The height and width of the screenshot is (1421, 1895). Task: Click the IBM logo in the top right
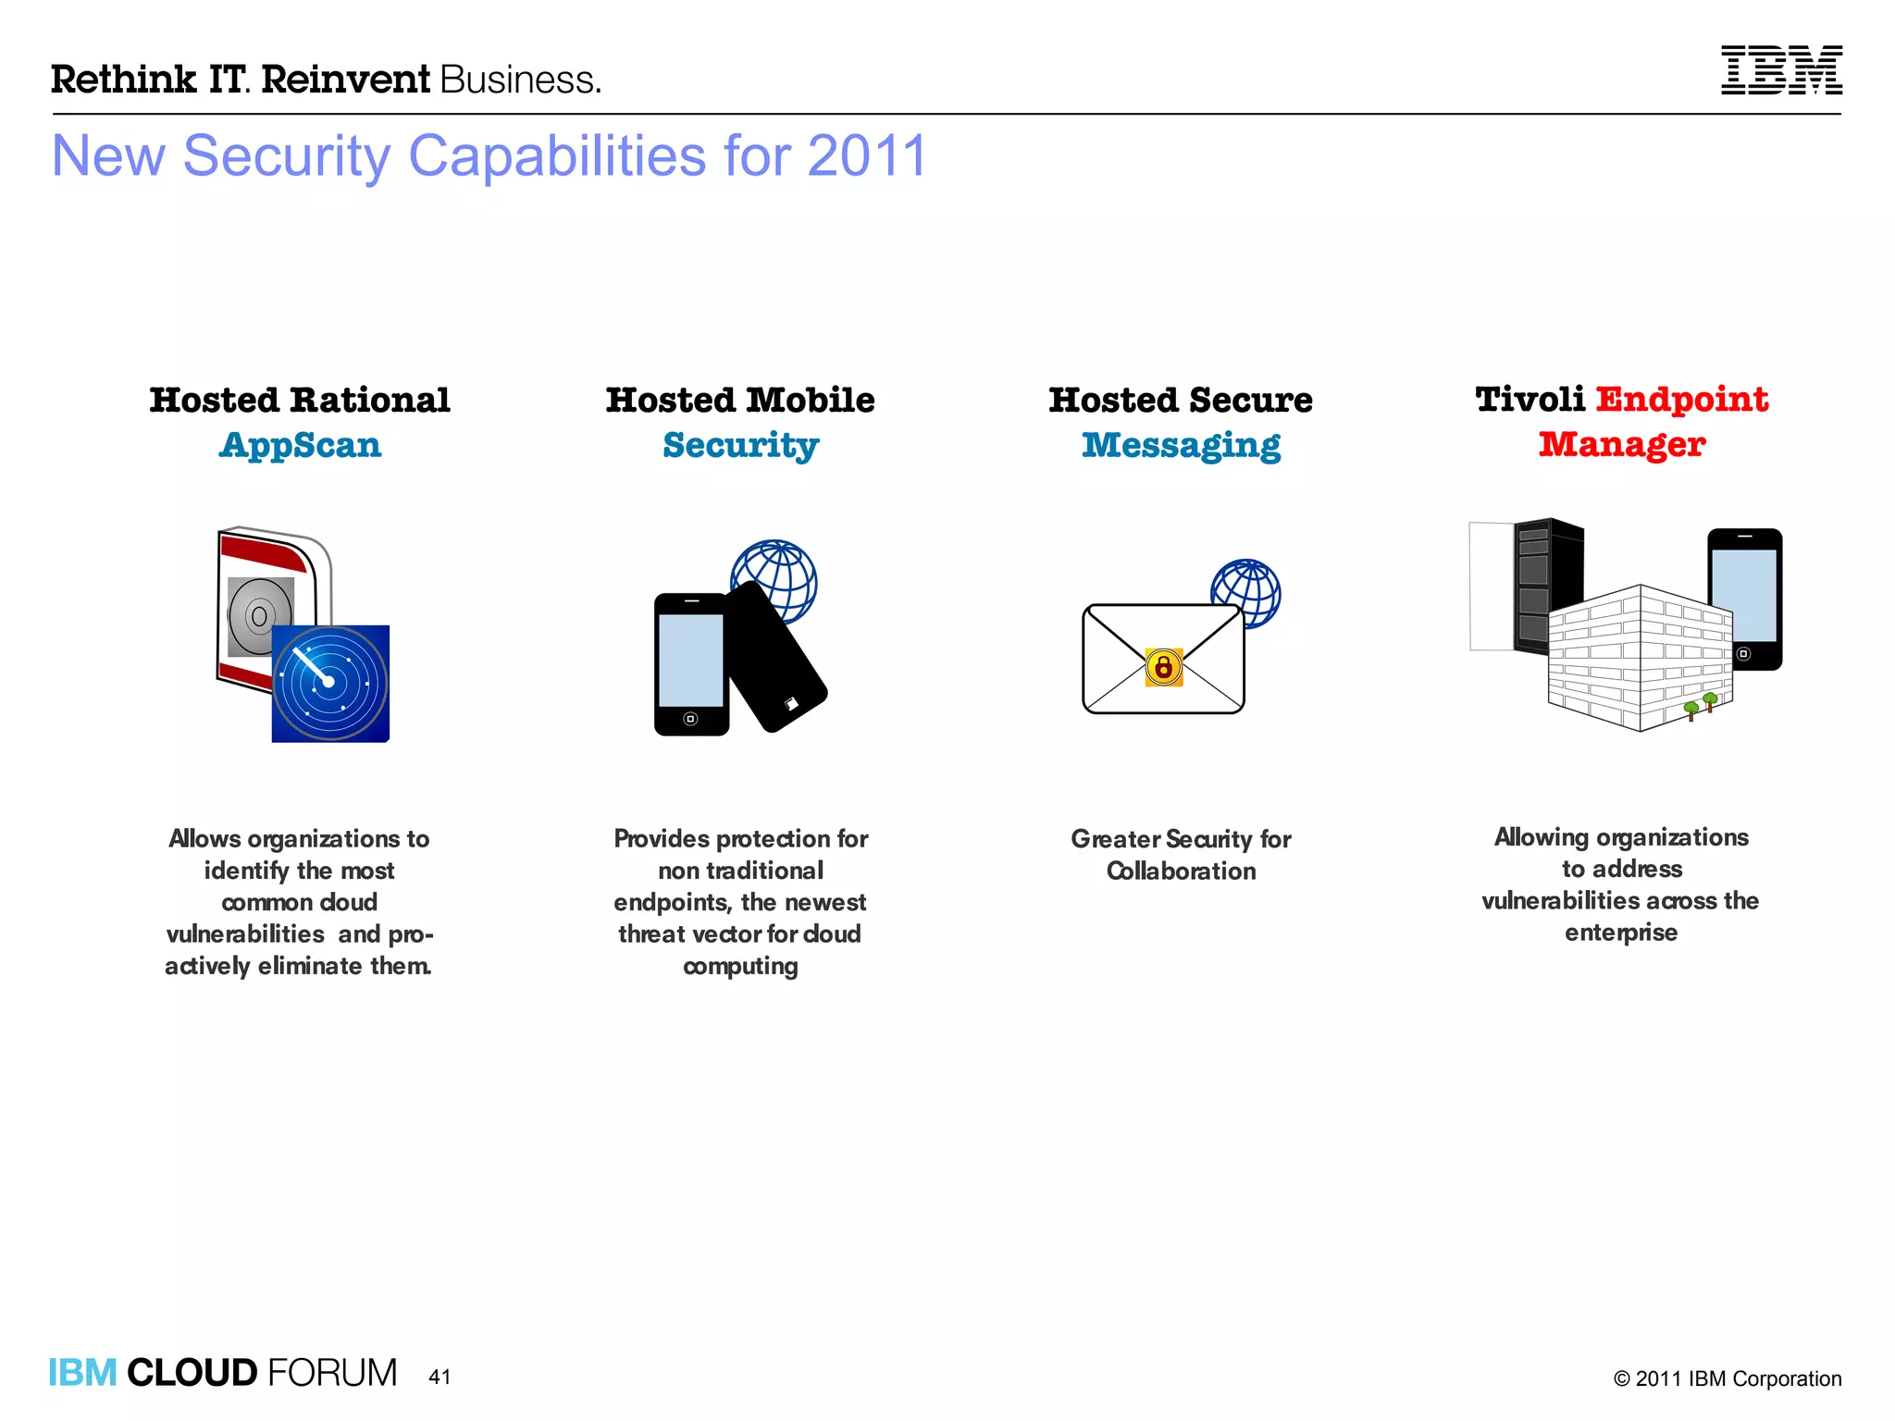[1780, 70]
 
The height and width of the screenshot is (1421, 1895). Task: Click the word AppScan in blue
[300, 446]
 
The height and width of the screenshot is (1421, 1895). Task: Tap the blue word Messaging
[1181, 446]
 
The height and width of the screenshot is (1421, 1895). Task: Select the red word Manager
[1621, 445]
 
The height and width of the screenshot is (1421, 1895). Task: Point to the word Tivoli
[1530, 400]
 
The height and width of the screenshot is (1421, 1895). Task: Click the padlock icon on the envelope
[1164, 666]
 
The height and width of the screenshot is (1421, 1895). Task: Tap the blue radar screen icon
[330, 684]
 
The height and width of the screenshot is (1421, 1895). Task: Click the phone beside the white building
[1745, 599]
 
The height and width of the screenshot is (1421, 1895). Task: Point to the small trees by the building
[1701, 705]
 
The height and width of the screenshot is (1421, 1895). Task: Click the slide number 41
[440, 1377]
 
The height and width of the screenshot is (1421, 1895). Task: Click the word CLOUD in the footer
[192, 1373]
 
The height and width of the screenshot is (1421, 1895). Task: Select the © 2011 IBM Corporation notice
[1727, 1378]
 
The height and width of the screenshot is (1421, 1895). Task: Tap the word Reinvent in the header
[345, 80]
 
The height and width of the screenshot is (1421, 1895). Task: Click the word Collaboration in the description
[1181, 871]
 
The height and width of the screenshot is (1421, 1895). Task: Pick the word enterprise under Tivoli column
[1620, 933]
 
